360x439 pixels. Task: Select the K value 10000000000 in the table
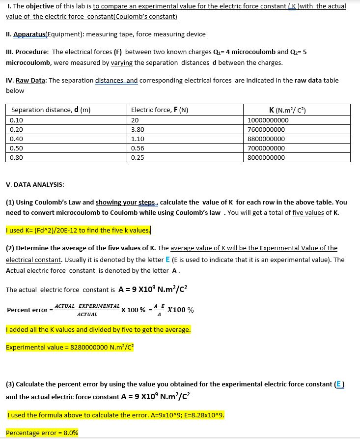tap(268, 120)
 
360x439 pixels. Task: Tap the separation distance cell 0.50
tap(17, 148)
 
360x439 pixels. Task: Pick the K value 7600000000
tap(266, 129)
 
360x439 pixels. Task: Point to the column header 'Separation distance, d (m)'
tap(51, 110)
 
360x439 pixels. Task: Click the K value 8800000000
tap(266, 139)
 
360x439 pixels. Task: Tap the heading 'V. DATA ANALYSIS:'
tap(34, 184)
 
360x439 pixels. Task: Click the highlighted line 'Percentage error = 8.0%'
tap(42, 433)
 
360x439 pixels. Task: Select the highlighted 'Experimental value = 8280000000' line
tap(70, 348)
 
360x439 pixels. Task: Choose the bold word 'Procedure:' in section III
tap(32, 52)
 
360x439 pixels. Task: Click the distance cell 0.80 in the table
tap(17, 157)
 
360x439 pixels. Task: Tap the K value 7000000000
tap(266, 148)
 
